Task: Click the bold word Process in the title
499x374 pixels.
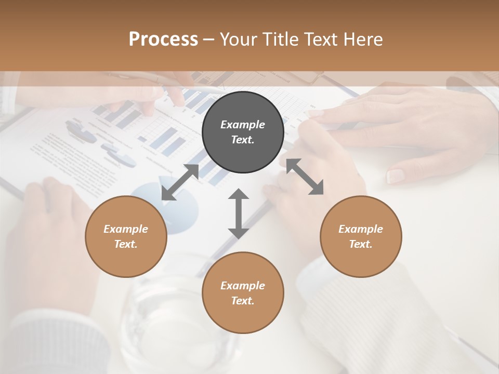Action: [x=163, y=39]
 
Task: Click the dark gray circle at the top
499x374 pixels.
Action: [x=243, y=132]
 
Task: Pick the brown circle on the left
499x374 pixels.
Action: [x=126, y=236]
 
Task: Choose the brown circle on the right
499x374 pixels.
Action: [x=361, y=236]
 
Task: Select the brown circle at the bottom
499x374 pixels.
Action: [x=243, y=293]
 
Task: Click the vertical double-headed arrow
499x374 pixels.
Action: [x=239, y=213]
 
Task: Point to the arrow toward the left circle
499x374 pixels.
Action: [x=180, y=182]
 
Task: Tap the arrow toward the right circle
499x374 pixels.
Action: [x=305, y=177]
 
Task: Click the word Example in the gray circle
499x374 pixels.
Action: [x=243, y=125]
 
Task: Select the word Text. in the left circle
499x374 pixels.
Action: [x=126, y=244]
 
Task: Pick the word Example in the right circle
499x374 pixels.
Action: [x=361, y=229]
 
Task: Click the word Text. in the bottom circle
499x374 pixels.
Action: [x=243, y=301]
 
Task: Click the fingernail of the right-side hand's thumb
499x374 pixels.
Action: [x=396, y=176]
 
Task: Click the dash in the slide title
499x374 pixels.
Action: [x=209, y=39]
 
